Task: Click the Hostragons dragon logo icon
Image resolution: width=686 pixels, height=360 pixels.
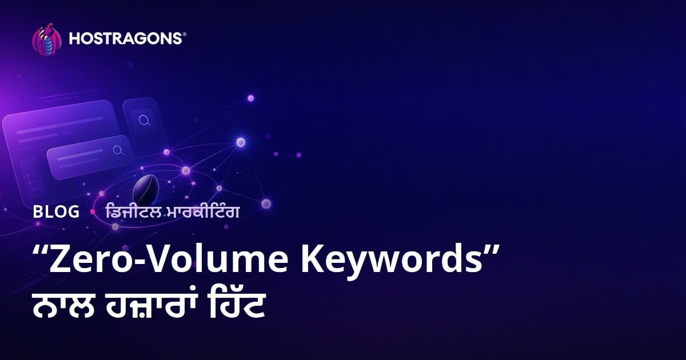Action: pyautogui.click(x=47, y=39)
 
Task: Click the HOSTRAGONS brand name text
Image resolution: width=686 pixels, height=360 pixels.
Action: pyautogui.click(x=126, y=39)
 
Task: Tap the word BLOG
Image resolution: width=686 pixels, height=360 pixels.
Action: pyautogui.click(x=56, y=211)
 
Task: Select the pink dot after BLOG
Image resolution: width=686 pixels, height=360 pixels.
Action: pyautogui.click(x=93, y=211)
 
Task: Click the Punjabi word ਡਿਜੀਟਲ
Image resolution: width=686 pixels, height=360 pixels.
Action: pyautogui.click(x=133, y=212)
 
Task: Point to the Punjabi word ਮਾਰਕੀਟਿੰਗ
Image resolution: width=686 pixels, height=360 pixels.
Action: pyautogui.click(x=202, y=212)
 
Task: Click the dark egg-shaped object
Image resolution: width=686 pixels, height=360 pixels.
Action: pyautogui.click(x=146, y=190)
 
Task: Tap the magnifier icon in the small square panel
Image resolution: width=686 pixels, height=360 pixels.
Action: pyautogui.click(x=144, y=121)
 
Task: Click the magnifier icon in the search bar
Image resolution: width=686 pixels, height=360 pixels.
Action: pyautogui.click(x=118, y=150)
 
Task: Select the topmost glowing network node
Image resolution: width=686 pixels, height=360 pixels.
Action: pyautogui.click(x=250, y=98)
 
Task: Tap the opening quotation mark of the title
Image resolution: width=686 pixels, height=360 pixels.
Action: pyautogui.click(x=40, y=250)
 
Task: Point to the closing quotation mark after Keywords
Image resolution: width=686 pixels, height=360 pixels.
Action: pyautogui.click(x=492, y=250)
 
